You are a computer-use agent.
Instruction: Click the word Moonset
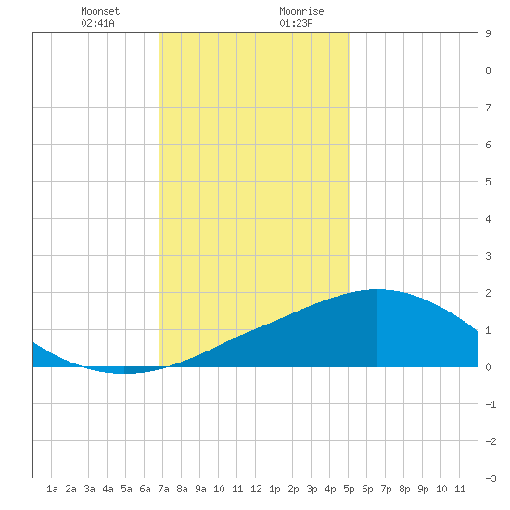(x=100, y=11)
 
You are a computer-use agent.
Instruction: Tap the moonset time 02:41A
(x=97, y=23)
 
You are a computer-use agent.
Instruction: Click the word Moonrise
(x=301, y=11)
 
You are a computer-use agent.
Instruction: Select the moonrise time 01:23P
(x=296, y=23)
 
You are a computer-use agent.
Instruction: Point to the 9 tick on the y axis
(x=488, y=33)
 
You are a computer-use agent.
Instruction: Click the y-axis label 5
(x=488, y=182)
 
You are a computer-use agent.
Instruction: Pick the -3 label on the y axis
(x=491, y=478)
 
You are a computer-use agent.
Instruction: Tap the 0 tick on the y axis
(x=488, y=367)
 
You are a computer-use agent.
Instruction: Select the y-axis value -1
(x=491, y=404)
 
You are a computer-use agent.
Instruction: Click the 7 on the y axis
(x=488, y=108)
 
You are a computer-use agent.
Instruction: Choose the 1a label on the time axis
(x=52, y=489)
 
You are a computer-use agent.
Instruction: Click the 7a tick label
(x=163, y=489)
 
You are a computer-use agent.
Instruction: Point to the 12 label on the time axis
(x=256, y=489)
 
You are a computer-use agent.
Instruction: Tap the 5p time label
(x=349, y=489)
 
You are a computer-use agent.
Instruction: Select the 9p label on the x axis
(x=423, y=489)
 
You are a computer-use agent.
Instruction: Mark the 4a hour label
(x=108, y=489)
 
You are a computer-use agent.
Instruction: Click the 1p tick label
(x=274, y=489)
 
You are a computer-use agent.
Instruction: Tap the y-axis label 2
(x=488, y=293)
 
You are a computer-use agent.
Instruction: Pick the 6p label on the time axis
(x=367, y=489)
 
